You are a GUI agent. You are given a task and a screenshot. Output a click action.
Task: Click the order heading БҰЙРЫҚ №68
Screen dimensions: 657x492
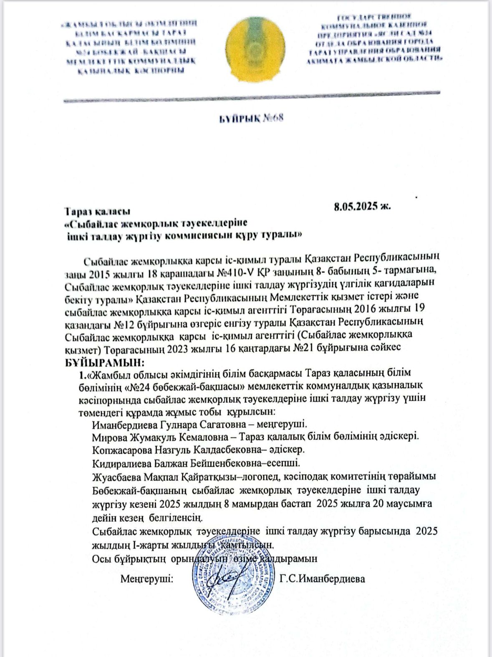coord(252,118)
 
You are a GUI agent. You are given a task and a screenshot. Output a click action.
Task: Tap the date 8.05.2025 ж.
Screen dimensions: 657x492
coord(362,206)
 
